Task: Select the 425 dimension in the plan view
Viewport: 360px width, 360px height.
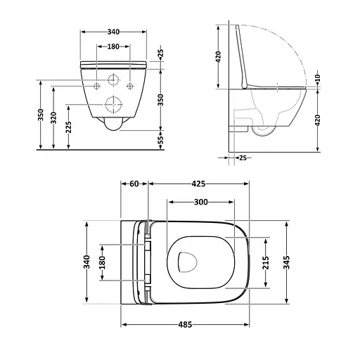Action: tap(198, 185)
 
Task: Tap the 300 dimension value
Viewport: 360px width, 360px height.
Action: tap(200, 202)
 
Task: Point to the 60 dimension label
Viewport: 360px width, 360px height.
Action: tap(134, 185)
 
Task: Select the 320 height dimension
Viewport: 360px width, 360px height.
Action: tap(54, 116)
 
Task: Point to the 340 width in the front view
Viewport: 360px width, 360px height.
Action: tap(112, 32)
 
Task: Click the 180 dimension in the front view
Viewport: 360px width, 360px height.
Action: tap(112, 46)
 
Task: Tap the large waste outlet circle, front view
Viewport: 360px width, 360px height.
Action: tap(112, 106)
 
